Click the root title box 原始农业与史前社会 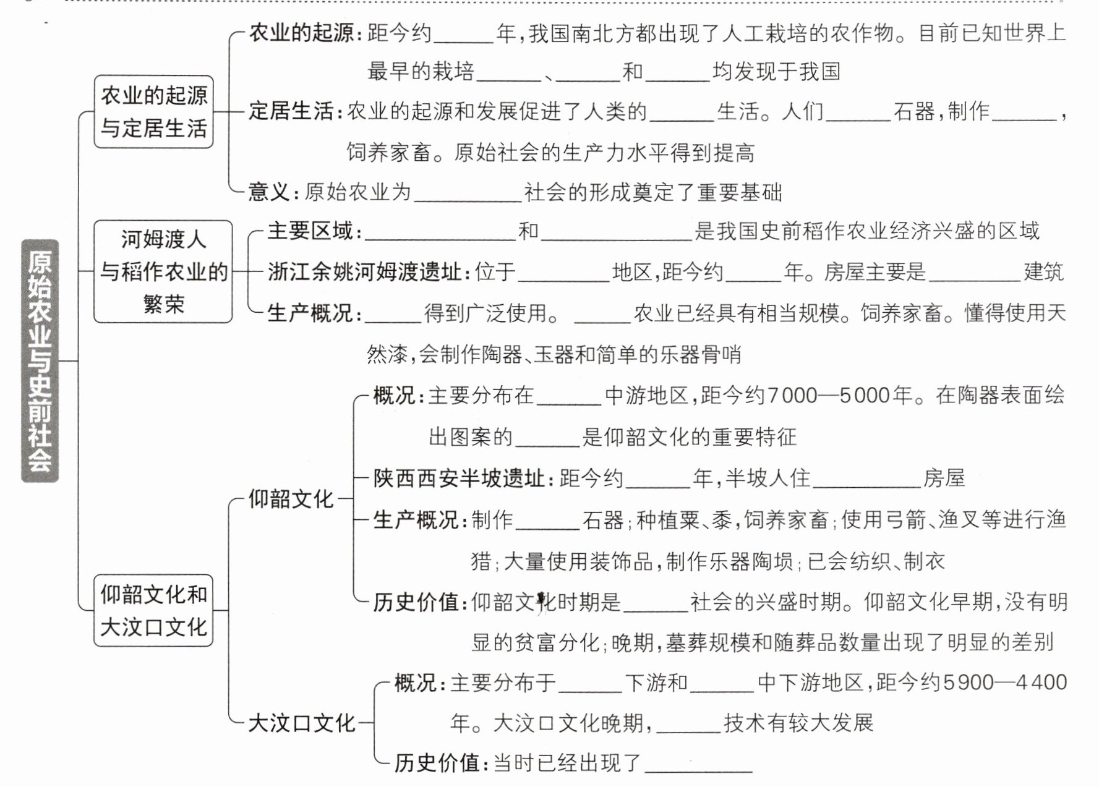[40, 360]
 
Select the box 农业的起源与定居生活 [153, 112]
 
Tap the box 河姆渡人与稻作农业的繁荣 [163, 271]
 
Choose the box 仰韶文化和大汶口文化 [153, 611]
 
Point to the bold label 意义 [268, 192]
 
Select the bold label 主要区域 [310, 231]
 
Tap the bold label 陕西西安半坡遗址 [458, 479]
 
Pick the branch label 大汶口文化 [301, 723]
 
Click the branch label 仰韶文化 [291, 499]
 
